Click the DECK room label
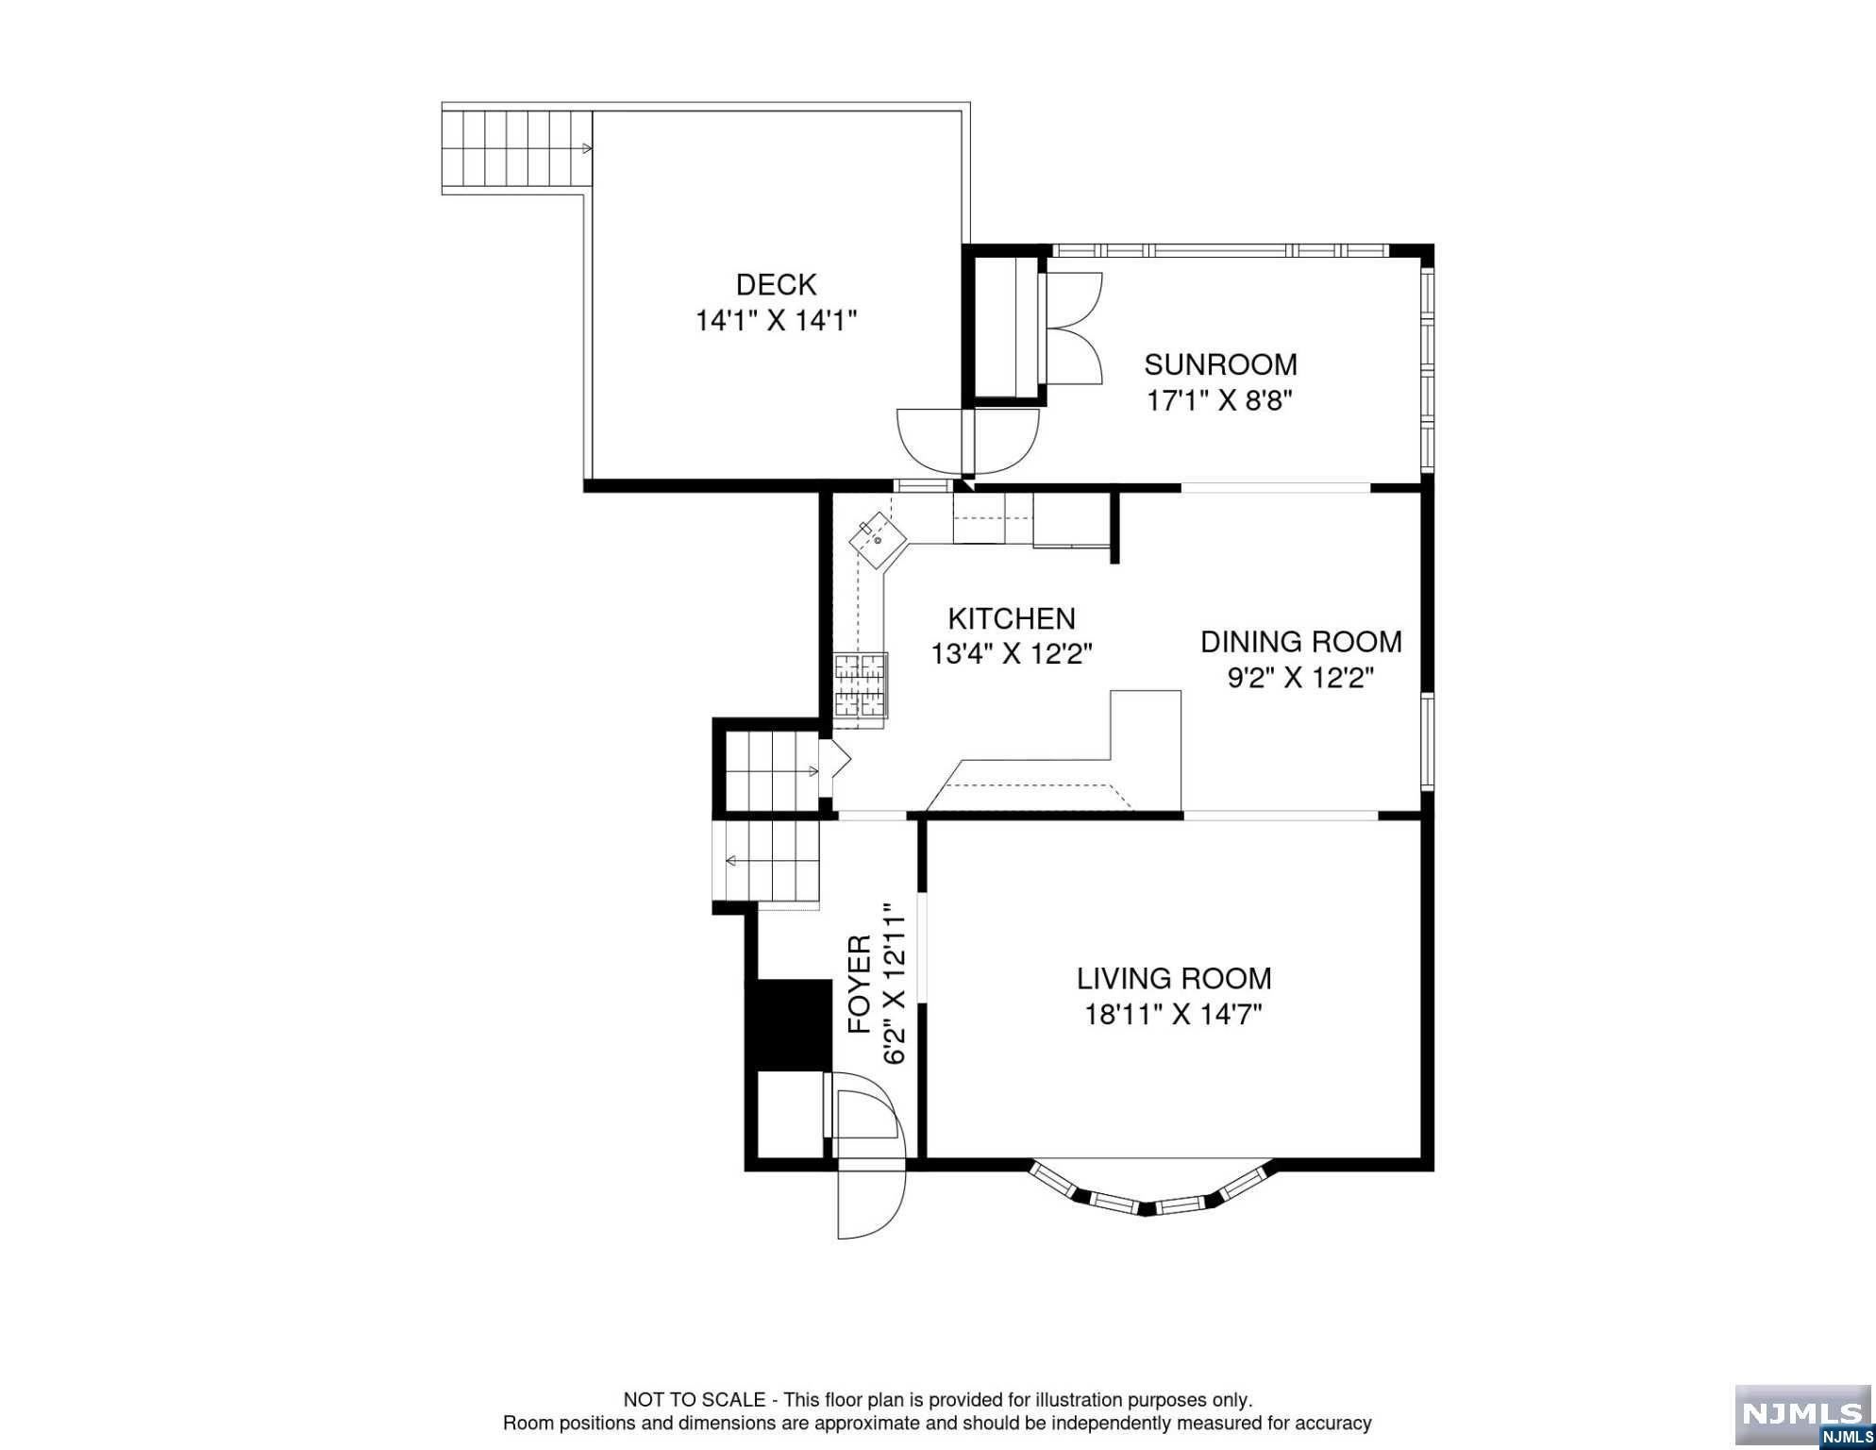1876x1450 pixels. tap(776, 284)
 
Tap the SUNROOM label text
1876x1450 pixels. tap(1220, 364)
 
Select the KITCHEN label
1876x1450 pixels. tap(1012, 618)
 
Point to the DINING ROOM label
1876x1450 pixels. tap(1300, 642)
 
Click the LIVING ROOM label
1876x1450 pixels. tap(1174, 978)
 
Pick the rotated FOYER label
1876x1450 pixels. tap(859, 985)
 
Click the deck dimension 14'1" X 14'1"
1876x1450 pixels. tap(776, 321)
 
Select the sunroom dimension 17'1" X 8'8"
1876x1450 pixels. tap(1219, 401)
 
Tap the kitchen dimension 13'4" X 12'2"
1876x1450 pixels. tap(1012, 654)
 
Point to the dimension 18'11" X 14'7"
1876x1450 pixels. tap(1174, 1015)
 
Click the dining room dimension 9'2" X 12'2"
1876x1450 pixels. tap(1300, 678)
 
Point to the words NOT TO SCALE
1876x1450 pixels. tap(695, 1400)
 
